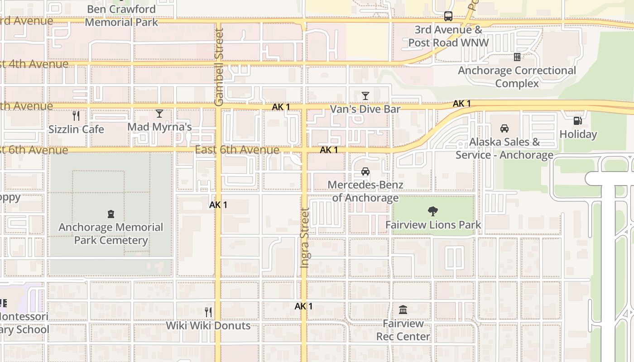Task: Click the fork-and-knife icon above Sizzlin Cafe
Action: [76, 116]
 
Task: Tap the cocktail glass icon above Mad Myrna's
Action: [159, 113]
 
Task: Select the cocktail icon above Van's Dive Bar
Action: [365, 95]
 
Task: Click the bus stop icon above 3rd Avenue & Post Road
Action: [448, 16]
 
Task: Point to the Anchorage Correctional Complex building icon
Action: [517, 57]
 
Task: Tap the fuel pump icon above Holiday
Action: [577, 120]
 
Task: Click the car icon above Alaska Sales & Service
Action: [504, 129]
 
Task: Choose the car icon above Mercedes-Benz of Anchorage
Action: [365, 171]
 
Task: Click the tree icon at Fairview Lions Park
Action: [433, 211]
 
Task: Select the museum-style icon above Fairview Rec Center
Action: [403, 310]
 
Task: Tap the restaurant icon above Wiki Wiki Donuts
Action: [208, 312]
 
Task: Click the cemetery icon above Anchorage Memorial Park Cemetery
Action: [111, 214]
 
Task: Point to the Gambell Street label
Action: [219, 67]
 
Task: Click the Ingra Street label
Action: [305, 238]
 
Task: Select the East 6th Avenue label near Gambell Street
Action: [237, 150]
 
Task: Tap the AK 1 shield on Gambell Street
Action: [218, 205]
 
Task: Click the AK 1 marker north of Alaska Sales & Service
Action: [461, 104]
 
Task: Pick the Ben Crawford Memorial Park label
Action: [121, 15]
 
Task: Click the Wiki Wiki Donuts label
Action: [208, 325]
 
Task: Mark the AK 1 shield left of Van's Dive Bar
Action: [281, 107]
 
